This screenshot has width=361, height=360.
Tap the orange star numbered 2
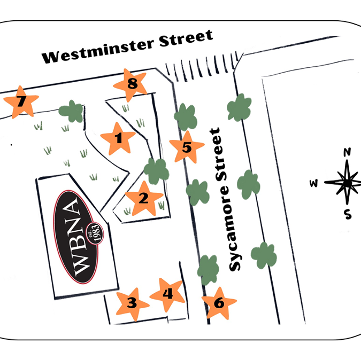click(143, 198)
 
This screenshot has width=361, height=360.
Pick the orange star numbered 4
click(167, 294)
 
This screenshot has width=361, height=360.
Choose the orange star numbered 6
click(219, 303)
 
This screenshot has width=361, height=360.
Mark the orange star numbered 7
click(21, 100)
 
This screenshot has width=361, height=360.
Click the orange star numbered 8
click(132, 84)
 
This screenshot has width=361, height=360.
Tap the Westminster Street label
click(128, 47)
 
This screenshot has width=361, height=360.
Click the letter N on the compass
click(347, 152)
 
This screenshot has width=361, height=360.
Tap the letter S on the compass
click(348, 215)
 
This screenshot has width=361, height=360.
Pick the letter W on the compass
click(314, 184)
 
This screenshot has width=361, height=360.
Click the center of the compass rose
click(347, 183)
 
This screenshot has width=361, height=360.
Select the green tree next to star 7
click(71, 112)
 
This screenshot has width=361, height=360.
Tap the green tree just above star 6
click(208, 269)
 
